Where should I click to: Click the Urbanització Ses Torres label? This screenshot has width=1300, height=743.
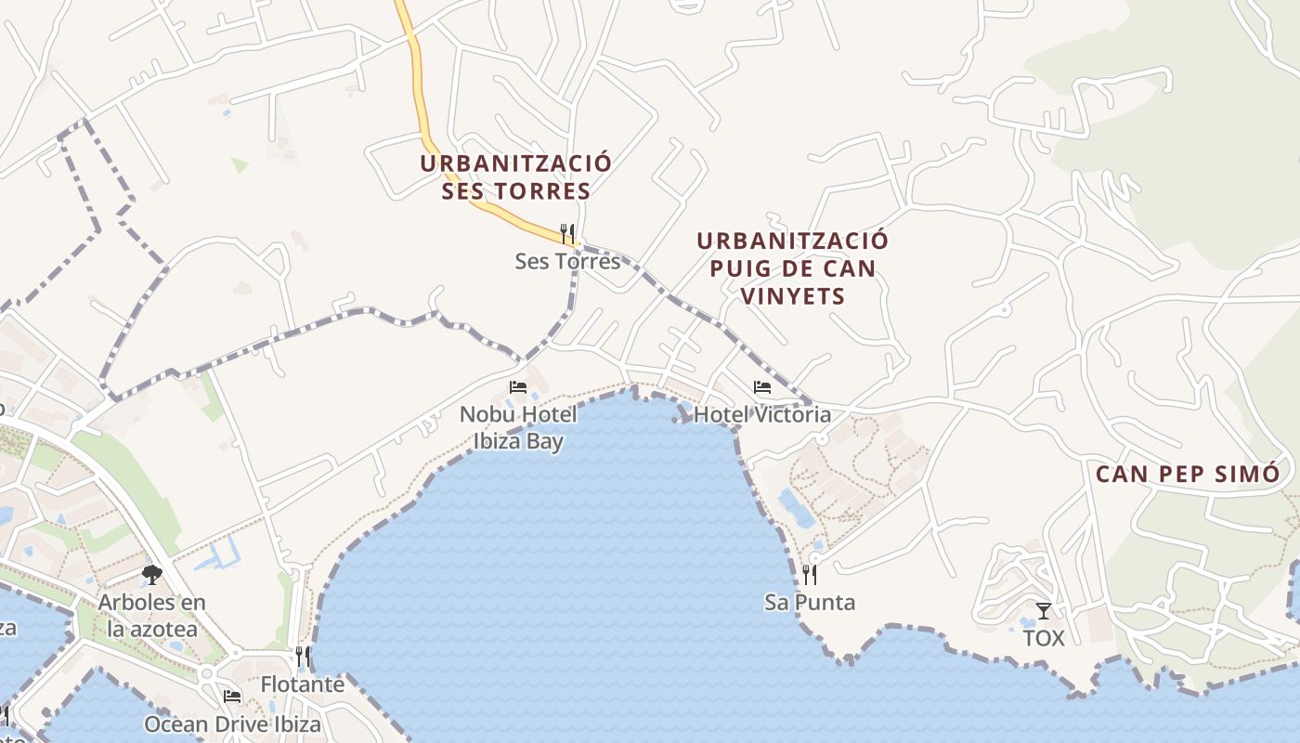pos(515,177)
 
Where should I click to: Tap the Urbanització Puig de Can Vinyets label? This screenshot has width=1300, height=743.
pos(792,268)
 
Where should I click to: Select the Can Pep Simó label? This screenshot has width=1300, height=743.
pos(1188,474)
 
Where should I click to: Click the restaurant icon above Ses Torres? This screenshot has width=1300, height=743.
pos(567,232)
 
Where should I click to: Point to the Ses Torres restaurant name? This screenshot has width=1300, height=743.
pos(567,261)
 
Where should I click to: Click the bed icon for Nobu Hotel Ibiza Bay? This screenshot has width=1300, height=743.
pos(517,386)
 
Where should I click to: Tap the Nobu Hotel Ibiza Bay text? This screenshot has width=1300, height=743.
pos(517,427)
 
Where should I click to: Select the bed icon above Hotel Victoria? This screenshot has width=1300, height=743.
pos(762,386)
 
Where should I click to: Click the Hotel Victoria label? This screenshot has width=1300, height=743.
pos(762,414)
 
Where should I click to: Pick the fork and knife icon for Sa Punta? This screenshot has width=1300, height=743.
pos(810,574)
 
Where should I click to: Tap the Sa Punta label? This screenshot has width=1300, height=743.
pos(810,602)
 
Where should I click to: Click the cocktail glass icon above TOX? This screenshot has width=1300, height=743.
pos(1044,610)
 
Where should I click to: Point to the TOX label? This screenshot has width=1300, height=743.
pos(1044,638)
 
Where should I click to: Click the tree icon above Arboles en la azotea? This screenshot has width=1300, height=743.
pos(152,575)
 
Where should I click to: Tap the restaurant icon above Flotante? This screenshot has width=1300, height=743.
pos(303,657)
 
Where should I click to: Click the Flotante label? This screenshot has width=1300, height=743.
pos(303,685)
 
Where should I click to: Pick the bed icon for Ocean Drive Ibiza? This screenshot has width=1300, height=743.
pos(232,696)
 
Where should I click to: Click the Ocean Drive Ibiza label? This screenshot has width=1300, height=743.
pos(232,723)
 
